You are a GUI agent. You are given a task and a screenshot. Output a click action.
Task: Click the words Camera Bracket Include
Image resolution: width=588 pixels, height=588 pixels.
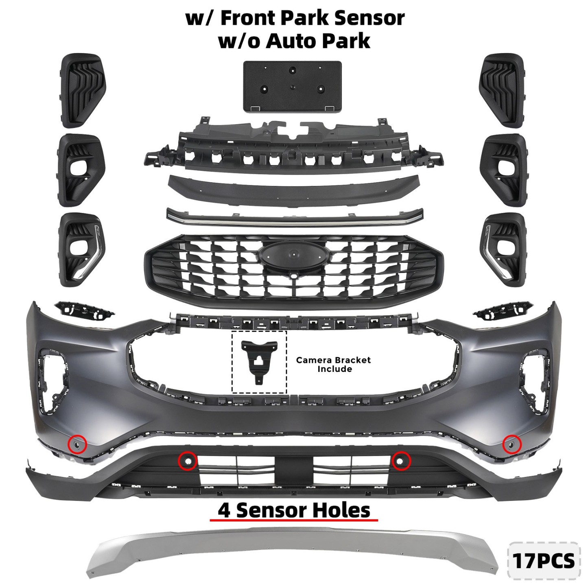pos(334,364)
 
